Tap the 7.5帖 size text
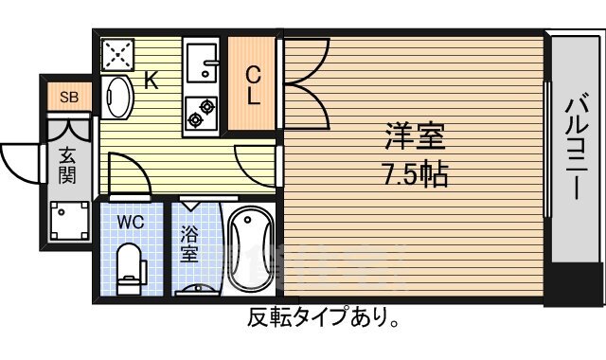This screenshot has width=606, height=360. pos(415,174)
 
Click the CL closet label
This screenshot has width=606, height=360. pos(255,85)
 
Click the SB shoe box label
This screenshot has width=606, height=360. pos(69,97)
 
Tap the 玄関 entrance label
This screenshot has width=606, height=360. pos(67,165)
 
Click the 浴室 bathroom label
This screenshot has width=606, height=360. pos(188,244)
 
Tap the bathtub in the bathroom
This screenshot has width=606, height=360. pos(251,248)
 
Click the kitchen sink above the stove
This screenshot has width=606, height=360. pos(202,65)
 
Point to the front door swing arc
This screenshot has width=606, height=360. pos(21,161)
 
